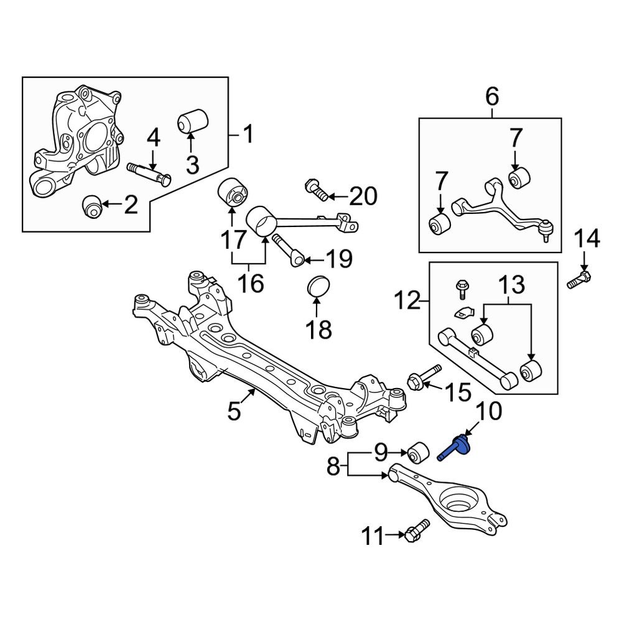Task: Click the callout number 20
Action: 363,197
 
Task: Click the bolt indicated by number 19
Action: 288,248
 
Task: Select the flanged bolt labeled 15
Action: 423,378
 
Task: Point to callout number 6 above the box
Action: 491,96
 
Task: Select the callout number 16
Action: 248,284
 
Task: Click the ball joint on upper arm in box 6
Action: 547,232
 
